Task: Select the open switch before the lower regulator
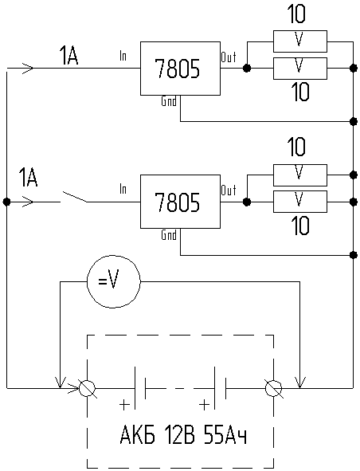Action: click(x=74, y=197)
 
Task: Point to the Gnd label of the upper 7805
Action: click(x=169, y=101)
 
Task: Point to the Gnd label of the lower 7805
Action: click(x=169, y=234)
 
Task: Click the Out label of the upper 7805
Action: click(x=229, y=57)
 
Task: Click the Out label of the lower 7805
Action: click(x=229, y=190)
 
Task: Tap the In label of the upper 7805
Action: click(x=123, y=56)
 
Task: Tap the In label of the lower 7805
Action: click(x=123, y=189)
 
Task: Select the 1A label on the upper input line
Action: click(x=69, y=56)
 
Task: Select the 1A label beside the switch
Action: click(x=28, y=178)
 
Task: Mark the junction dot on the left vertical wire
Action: click(x=6, y=202)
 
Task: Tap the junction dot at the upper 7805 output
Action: click(x=247, y=69)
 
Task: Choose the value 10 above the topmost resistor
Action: click(x=296, y=14)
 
